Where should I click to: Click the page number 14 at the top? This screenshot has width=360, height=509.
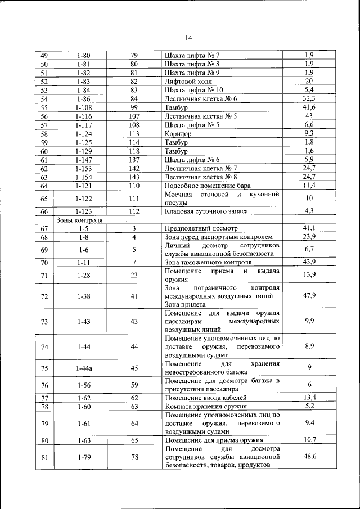[188, 38]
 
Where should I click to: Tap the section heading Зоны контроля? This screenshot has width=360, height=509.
[79, 220]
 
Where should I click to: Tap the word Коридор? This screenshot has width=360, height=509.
[178, 134]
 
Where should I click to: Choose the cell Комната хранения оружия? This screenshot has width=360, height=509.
[206, 406]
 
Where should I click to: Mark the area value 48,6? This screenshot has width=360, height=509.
[309, 457]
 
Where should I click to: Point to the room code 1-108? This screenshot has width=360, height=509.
[84, 107]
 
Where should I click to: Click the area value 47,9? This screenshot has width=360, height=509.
[309, 296]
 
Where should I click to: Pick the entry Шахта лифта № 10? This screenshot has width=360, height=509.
[193, 89]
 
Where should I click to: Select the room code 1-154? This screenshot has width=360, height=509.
[84, 177]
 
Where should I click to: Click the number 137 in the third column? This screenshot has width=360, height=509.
[134, 160]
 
